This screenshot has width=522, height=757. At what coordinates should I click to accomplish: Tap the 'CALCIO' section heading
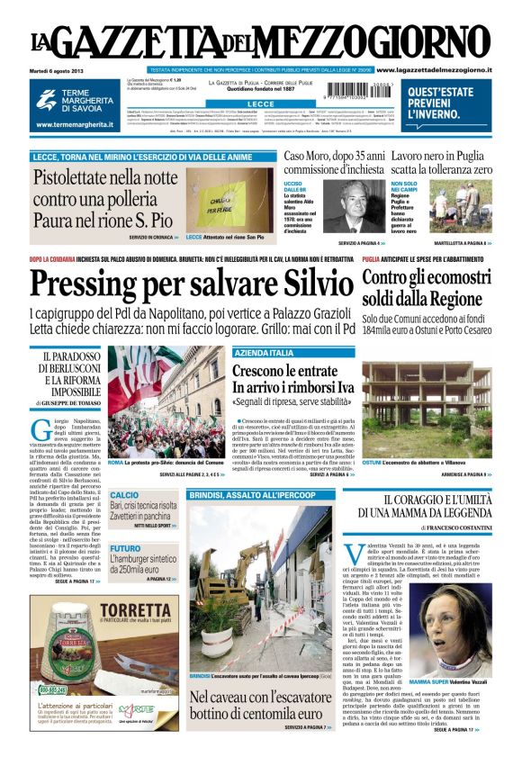click(125, 495)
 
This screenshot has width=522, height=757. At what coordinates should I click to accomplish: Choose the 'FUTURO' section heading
click(126, 548)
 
